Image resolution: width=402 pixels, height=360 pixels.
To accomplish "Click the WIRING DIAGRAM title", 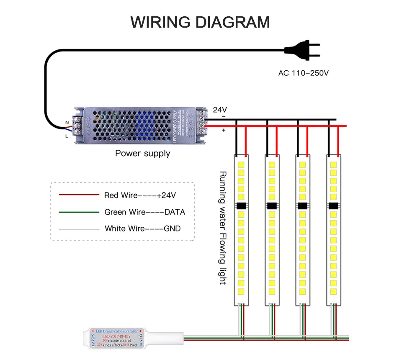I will pos(200,22).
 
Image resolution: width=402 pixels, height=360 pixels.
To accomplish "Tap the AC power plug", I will pos(303,50).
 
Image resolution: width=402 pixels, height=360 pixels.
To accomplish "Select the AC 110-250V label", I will pos(304,73).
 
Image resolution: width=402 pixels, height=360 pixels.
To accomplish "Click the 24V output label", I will pos(220,110).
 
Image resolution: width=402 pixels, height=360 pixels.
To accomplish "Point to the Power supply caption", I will pos(142,153).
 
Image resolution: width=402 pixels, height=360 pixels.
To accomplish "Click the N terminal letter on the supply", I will pos(67,123).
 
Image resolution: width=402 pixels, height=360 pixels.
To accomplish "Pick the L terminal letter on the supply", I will pos(67,136).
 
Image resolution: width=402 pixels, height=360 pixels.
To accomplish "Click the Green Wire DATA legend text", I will pos(144,212).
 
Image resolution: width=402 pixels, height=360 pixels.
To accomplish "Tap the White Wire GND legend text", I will pos(143,229).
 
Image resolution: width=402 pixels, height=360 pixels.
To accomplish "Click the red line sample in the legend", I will pos(79,195).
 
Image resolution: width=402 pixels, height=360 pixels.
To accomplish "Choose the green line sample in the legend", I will pos(79,212).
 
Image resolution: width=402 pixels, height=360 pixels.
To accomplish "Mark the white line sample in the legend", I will pos(79,229).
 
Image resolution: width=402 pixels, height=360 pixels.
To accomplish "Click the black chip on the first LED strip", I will pos(241,206).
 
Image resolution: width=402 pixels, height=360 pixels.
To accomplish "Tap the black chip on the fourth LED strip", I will pos(333,206).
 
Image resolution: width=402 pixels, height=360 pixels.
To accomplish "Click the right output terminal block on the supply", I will pos(201,122).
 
